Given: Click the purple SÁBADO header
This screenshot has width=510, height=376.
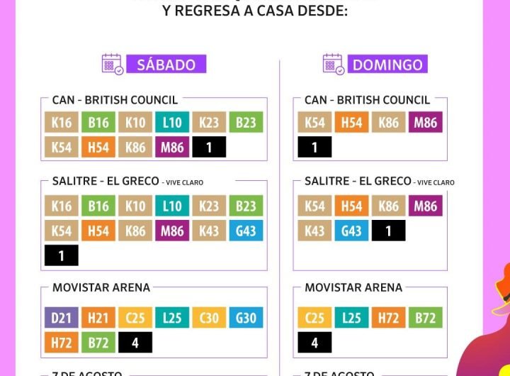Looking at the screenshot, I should [x=166, y=65].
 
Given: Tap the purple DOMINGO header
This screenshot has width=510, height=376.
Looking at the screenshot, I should [x=387, y=65].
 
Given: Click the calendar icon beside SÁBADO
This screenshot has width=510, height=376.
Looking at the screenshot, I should [x=113, y=65].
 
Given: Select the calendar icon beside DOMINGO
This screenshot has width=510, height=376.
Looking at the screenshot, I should [x=334, y=65].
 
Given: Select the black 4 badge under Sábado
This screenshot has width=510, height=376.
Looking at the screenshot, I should [x=135, y=343].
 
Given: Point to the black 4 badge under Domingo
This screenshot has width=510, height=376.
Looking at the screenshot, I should [x=314, y=343].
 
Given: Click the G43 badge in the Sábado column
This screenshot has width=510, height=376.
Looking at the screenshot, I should [x=246, y=231].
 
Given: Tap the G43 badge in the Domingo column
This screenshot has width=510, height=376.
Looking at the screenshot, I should [x=351, y=231].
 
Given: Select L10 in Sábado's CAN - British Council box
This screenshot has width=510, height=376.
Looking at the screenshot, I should [x=172, y=123].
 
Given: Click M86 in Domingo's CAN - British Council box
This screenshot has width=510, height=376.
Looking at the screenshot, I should [x=425, y=123].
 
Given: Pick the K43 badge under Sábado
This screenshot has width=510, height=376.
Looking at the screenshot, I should [x=209, y=231].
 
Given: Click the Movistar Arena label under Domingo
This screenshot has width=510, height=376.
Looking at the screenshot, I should [x=353, y=287].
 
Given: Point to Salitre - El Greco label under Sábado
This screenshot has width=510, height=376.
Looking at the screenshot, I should [x=106, y=181].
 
